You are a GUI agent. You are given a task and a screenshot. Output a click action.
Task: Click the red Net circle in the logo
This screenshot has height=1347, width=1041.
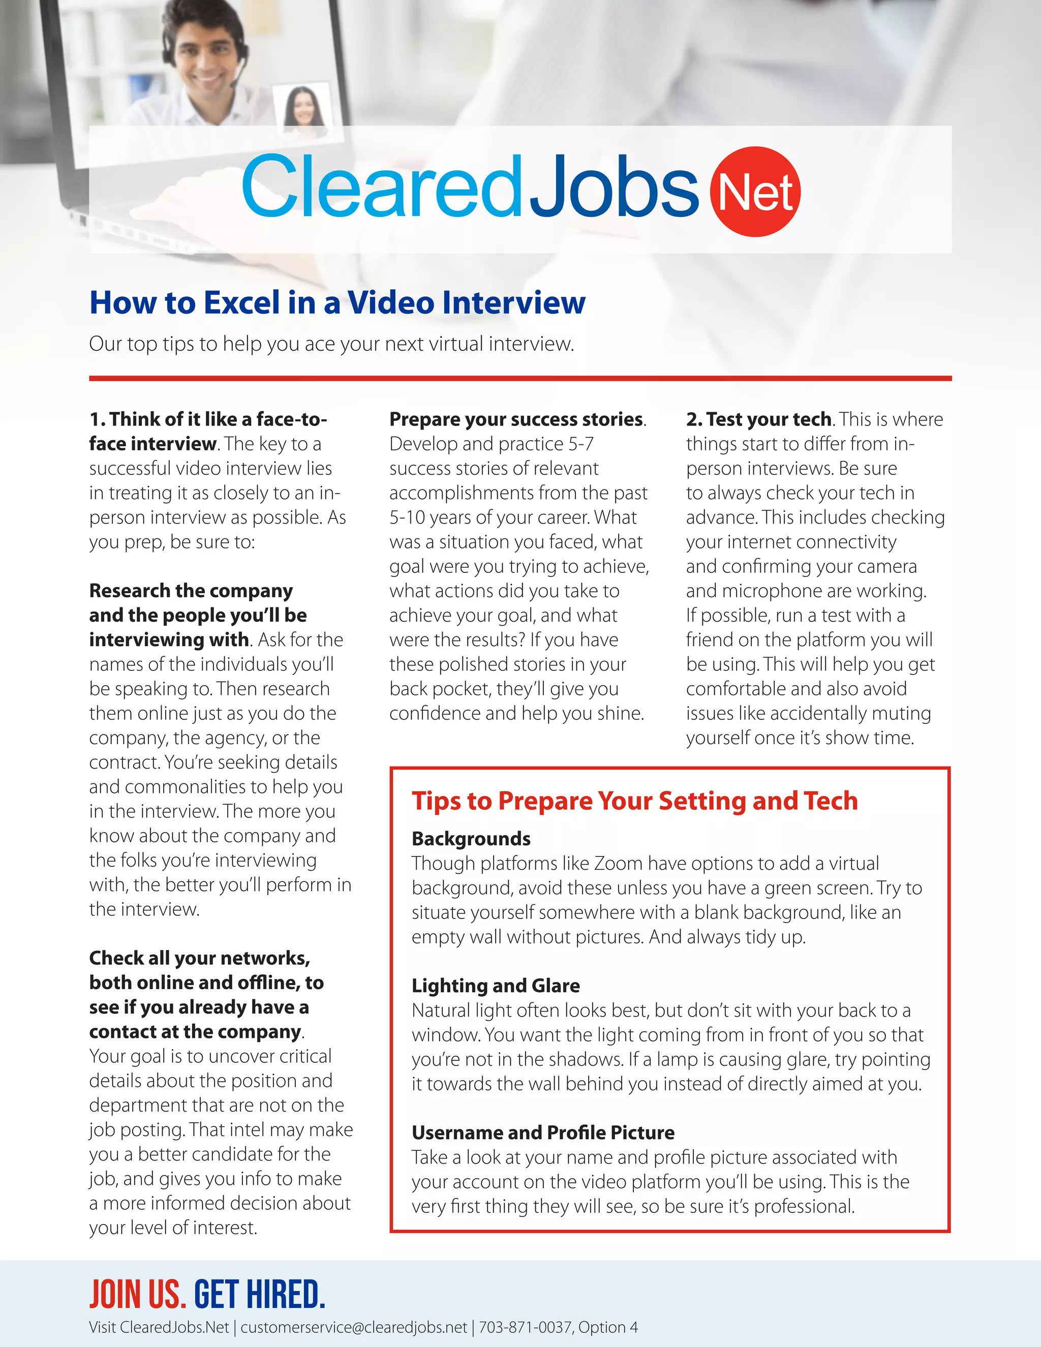pyautogui.click(x=755, y=192)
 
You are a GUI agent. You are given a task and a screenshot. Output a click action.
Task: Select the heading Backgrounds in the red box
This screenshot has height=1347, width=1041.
pyautogui.click(x=471, y=839)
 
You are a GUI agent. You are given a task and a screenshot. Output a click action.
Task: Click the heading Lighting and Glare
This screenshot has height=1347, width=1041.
pyautogui.click(x=495, y=986)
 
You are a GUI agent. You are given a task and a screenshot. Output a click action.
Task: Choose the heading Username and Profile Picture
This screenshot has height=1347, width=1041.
pyautogui.click(x=543, y=1132)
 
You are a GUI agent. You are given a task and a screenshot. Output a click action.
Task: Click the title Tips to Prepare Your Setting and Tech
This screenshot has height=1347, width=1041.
pyautogui.click(x=634, y=801)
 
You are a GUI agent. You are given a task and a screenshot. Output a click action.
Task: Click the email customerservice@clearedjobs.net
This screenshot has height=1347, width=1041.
pyautogui.click(x=353, y=1327)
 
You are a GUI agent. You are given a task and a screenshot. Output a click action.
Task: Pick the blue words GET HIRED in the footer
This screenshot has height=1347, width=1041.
pyautogui.click(x=260, y=1294)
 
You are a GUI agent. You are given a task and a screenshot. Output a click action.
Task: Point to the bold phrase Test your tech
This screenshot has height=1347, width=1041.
pyautogui.click(x=769, y=419)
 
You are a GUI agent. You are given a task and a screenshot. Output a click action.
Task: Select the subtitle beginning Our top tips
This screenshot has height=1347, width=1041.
pyautogui.click(x=331, y=344)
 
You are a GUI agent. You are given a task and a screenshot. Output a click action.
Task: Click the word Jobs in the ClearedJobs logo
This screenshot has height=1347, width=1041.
pyautogui.click(x=613, y=186)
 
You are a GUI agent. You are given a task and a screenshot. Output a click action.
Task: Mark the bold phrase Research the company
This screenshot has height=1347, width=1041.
pyautogui.click(x=191, y=591)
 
